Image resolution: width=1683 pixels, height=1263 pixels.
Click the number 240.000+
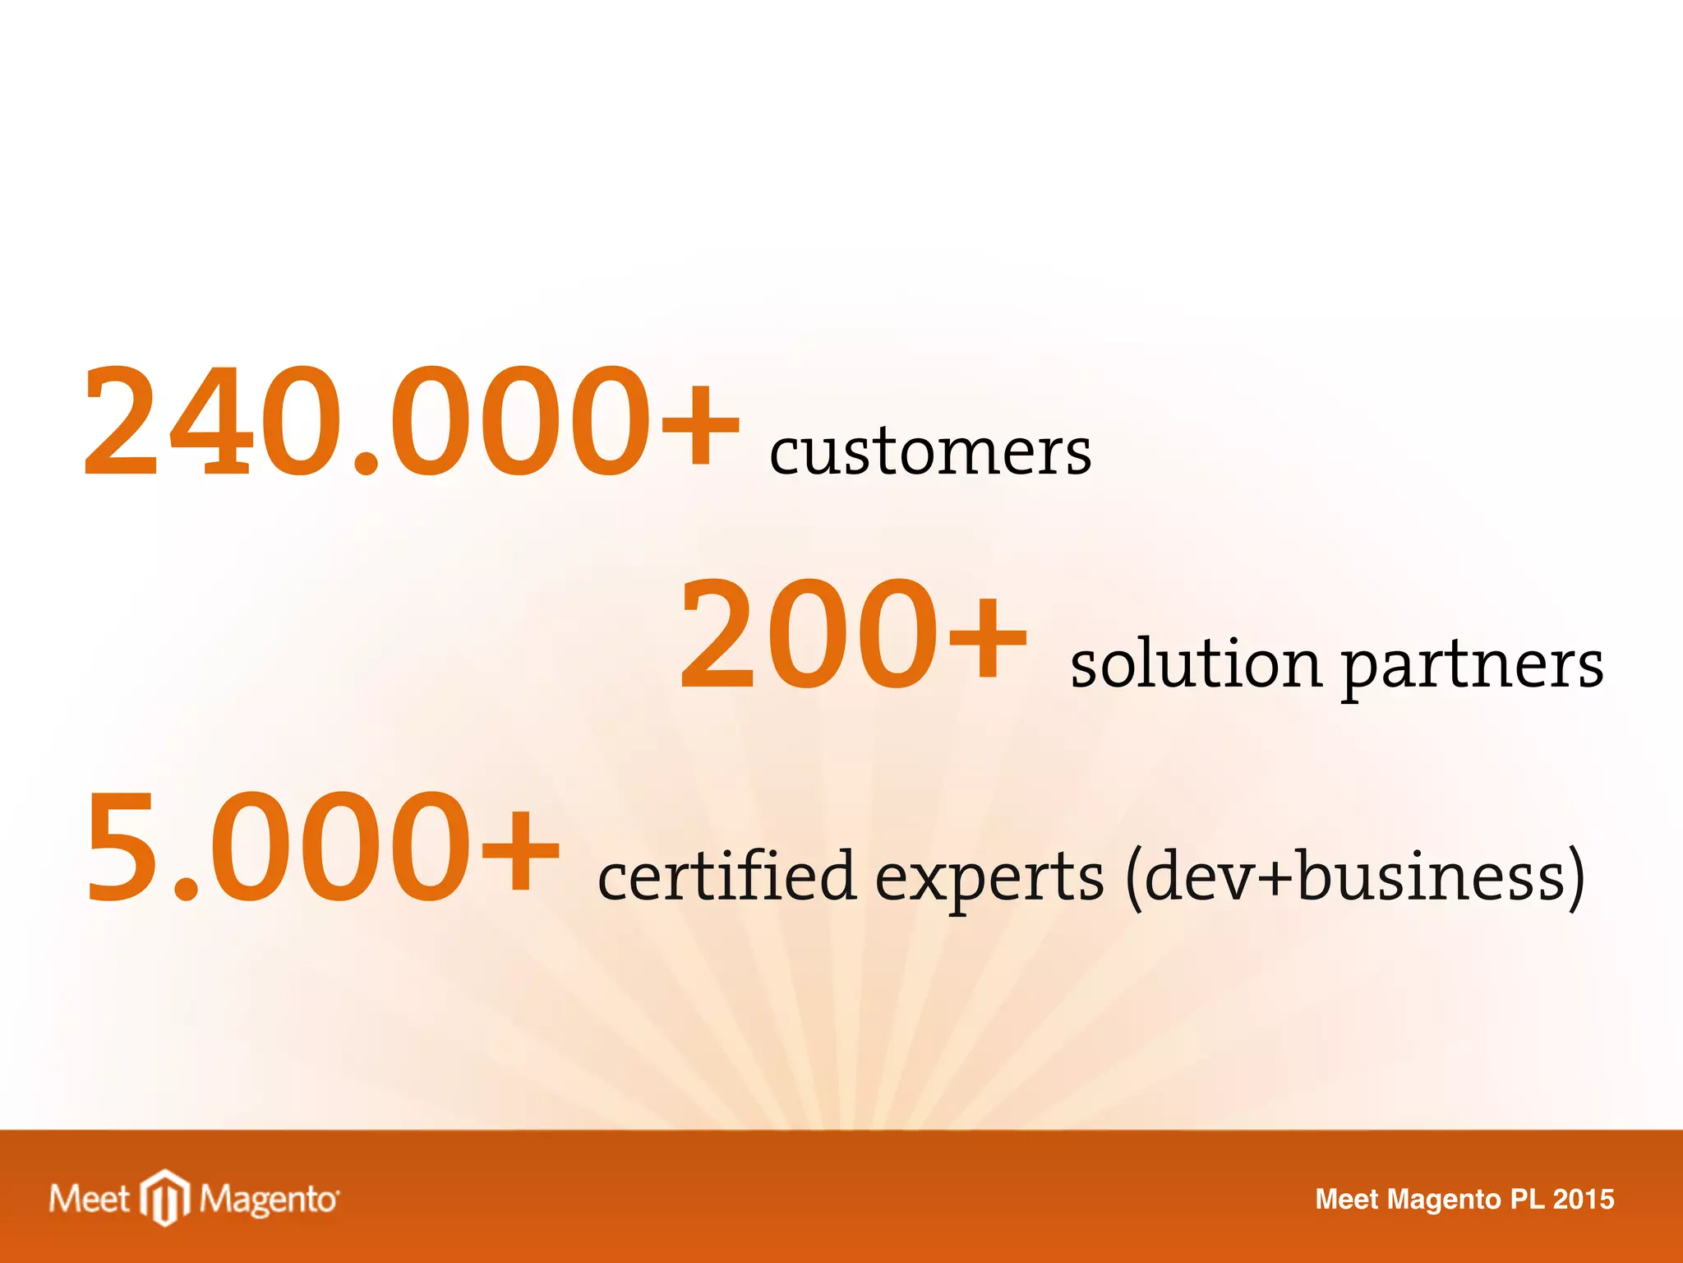click(x=411, y=421)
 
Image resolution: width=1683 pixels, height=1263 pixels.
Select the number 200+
click(x=852, y=633)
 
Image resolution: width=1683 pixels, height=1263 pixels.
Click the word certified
click(x=726, y=876)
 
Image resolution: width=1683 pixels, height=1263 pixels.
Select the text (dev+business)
click(x=1354, y=877)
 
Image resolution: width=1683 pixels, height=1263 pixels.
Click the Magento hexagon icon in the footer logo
click(x=165, y=1198)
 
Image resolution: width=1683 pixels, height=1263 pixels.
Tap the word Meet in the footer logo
click(x=89, y=1199)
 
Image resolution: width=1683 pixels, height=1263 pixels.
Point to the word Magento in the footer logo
click(x=269, y=1201)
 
